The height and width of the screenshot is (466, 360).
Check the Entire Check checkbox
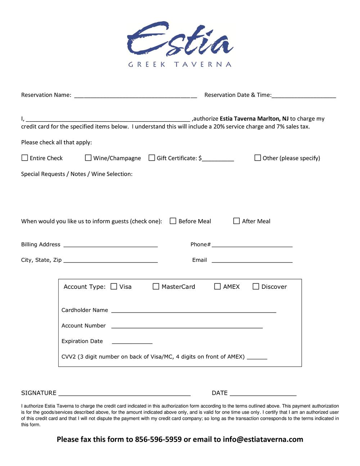(x=25, y=158)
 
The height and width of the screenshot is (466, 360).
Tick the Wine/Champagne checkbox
(x=88, y=158)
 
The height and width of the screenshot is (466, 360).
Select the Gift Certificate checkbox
(x=152, y=158)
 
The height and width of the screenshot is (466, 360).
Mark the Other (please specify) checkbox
(x=258, y=158)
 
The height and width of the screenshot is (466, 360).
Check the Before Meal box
(x=173, y=221)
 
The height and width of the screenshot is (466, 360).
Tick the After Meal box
(x=237, y=221)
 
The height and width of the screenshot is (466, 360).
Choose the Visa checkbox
(x=114, y=286)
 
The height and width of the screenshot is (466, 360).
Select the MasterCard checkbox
(x=156, y=286)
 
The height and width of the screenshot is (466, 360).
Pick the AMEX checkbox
(x=217, y=286)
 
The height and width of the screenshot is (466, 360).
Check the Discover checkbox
(x=256, y=286)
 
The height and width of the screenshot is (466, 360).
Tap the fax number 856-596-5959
(x=158, y=439)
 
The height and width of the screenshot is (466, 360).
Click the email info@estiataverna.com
(x=263, y=439)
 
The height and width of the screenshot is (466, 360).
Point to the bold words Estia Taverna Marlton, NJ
(x=254, y=118)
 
